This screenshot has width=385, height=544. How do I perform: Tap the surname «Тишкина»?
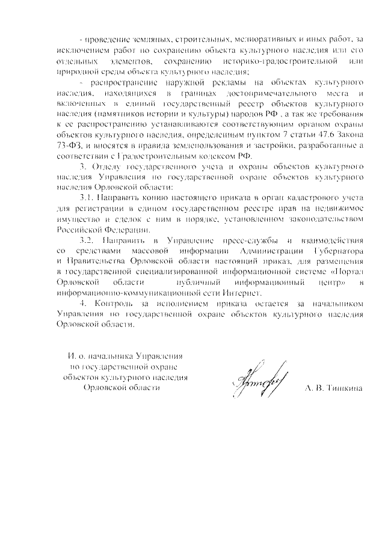point(345,389)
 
